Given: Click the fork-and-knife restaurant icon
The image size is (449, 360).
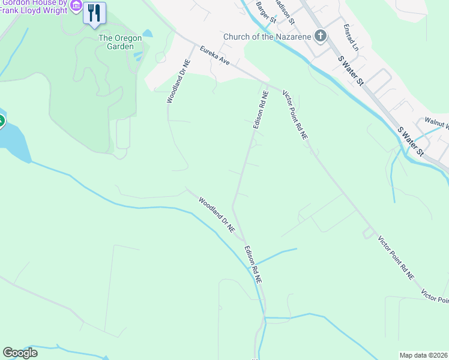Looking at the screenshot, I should coord(94,13).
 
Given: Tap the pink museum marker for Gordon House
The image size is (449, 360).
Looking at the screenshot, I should coord(76,5).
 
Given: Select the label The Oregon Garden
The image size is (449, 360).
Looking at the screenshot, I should coord(120,42).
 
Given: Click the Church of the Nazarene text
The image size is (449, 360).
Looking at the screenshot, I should coord(267,37).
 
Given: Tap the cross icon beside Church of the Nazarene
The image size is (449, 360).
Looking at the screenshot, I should coord(321,36).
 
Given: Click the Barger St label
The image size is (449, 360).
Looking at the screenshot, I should coord(265,12).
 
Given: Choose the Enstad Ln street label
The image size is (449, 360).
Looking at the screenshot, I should coord(351,37).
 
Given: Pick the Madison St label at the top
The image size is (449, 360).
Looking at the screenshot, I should coord(286,11).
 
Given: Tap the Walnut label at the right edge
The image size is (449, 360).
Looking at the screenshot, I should coord(436,121).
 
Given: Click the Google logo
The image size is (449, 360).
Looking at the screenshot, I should coord(20,353).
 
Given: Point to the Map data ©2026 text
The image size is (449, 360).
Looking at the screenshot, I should coord(424,355).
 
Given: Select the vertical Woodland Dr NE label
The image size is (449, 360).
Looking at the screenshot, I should coord(178,81).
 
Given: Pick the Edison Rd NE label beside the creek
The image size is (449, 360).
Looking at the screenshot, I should coord(253,264).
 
